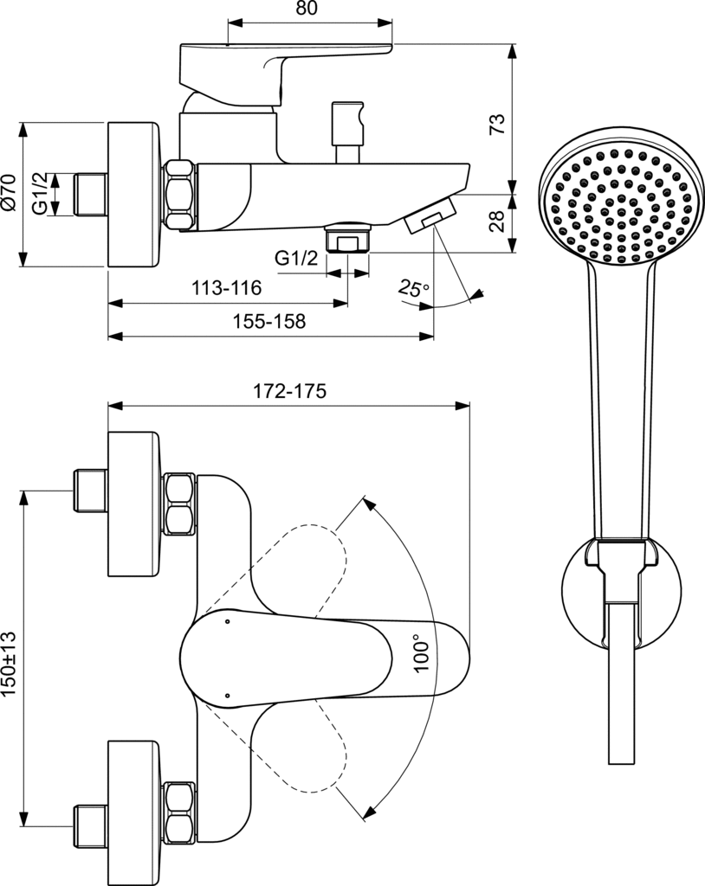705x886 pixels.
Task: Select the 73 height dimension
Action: click(x=496, y=124)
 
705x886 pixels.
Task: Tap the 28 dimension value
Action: click(x=496, y=222)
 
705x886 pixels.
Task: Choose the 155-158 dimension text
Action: click(x=269, y=322)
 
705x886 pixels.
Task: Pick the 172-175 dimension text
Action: click(x=288, y=391)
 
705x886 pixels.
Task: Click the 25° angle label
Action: click(x=413, y=288)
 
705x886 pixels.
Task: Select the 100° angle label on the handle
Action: click(x=422, y=654)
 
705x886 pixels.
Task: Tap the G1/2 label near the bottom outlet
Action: click(x=296, y=258)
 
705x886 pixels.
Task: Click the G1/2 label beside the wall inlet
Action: click(x=40, y=194)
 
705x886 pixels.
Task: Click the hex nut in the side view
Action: click(x=179, y=195)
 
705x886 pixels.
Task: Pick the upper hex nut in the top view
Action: click(x=179, y=504)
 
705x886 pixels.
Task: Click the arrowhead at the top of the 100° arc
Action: click(x=366, y=502)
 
